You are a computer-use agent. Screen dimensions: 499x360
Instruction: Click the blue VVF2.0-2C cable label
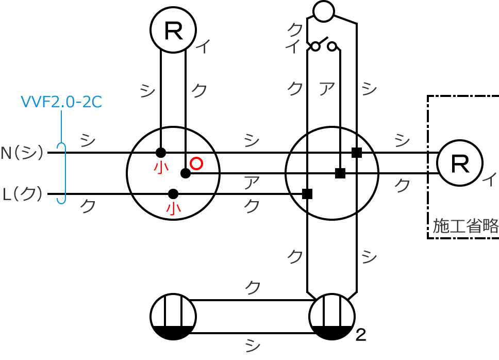[x=61, y=102]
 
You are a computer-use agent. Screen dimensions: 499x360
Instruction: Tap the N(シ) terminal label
[x=22, y=153]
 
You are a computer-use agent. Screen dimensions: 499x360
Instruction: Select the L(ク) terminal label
[x=22, y=194]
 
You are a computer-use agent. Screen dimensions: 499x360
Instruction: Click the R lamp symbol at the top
[x=173, y=30]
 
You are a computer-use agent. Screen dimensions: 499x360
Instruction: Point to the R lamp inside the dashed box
[x=460, y=163]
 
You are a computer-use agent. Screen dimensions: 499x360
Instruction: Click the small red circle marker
[x=196, y=163]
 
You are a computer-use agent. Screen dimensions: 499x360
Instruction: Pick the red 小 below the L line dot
[x=173, y=208]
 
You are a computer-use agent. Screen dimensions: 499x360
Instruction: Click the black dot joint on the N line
[x=161, y=153]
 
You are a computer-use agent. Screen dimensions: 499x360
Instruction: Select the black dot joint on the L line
[x=173, y=194]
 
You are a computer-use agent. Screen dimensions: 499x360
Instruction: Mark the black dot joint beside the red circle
[x=186, y=173]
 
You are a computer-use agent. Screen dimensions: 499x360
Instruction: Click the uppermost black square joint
[x=357, y=153]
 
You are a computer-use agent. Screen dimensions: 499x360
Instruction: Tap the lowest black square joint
[x=307, y=194]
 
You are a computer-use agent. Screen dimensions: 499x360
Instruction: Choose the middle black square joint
[x=340, y=173]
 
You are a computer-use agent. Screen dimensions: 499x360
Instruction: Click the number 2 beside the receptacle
[x=361, y=335]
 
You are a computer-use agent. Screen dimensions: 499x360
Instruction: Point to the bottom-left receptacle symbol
[x=173, y=317]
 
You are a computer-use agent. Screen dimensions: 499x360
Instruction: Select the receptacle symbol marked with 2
[x=332, y=317]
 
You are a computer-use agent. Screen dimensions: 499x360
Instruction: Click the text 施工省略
[x=465, y=226]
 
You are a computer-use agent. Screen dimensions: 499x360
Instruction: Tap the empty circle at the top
[x=324, y=11]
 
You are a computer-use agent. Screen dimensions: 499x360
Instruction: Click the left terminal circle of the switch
[x=315, y=47]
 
